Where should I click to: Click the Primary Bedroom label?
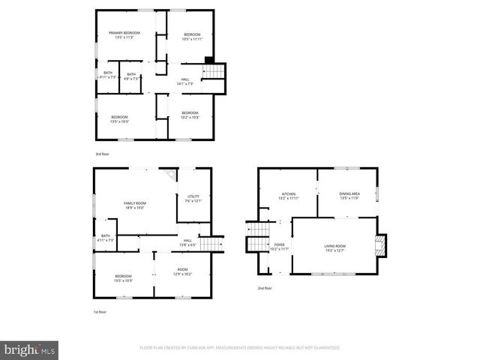[x=124, y=33]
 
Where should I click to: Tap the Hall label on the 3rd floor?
[x=184, y=79]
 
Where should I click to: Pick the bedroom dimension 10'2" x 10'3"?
[x=189, y=117]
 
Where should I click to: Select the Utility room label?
[x=193, y=196]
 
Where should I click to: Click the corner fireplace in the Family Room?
[x=171, y=174]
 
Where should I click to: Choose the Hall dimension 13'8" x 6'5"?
[x=187, y=245]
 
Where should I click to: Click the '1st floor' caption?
[x=100, y=312]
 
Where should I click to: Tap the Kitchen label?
[x=289, y=194]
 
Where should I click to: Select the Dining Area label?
[x=350, y=194]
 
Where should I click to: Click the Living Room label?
[x=334, y=246]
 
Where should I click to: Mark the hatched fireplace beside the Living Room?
[x=381, y=244]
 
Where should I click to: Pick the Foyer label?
[x=279, y=244]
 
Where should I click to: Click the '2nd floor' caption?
[x=264, y=288]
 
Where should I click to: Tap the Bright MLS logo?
[x=30, y=349]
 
